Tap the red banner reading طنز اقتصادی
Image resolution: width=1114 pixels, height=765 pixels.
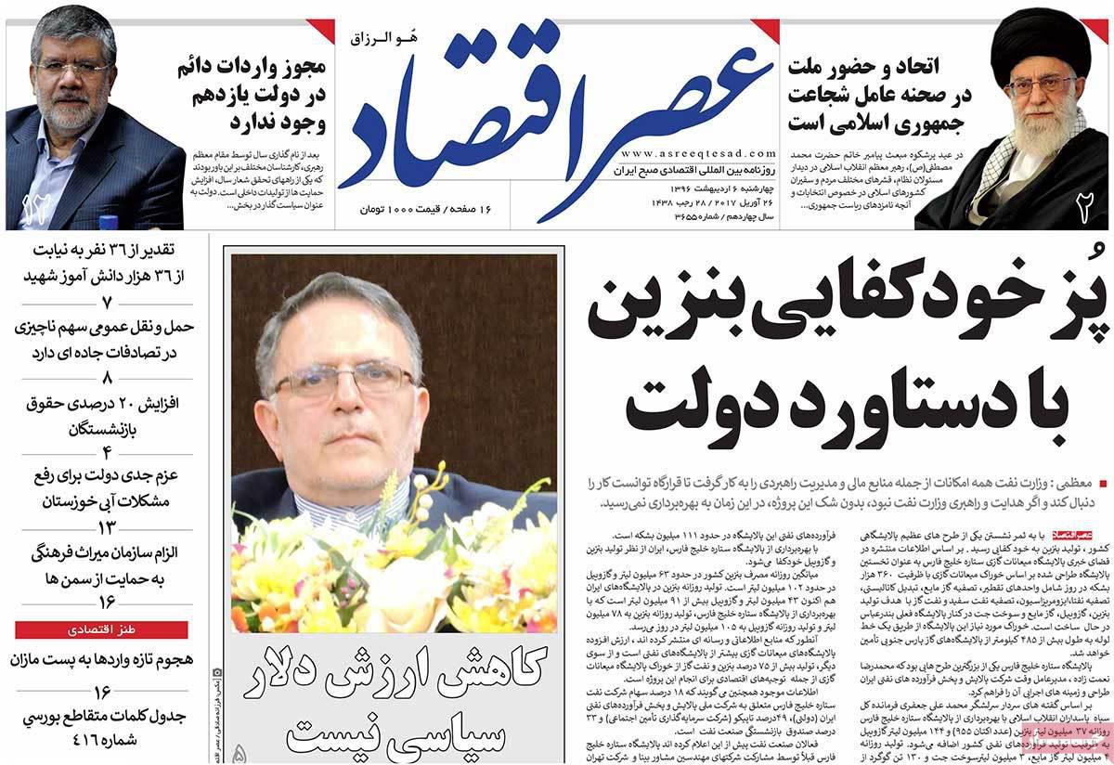tap(104, 631)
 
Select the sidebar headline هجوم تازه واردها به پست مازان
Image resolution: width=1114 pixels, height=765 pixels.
tap(105, 660)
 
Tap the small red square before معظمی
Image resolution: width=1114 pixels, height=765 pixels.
tap(1103, 484)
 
